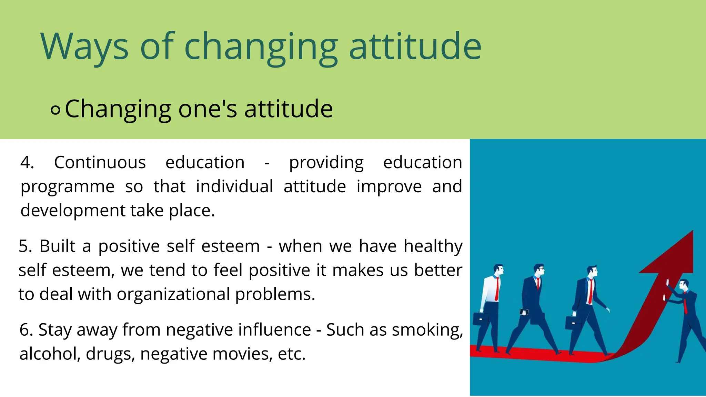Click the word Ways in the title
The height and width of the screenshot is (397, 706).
[84, 47]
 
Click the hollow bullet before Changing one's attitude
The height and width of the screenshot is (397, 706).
[55, 110]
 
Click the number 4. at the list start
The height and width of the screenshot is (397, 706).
[27, 162]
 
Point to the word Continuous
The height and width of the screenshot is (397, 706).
[100, 162]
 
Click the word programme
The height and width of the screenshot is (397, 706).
[68, 187]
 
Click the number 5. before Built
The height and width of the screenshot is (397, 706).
[26, 246]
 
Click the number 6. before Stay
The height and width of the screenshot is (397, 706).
[26, 330]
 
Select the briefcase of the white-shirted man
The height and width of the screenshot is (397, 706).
[481, 319]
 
